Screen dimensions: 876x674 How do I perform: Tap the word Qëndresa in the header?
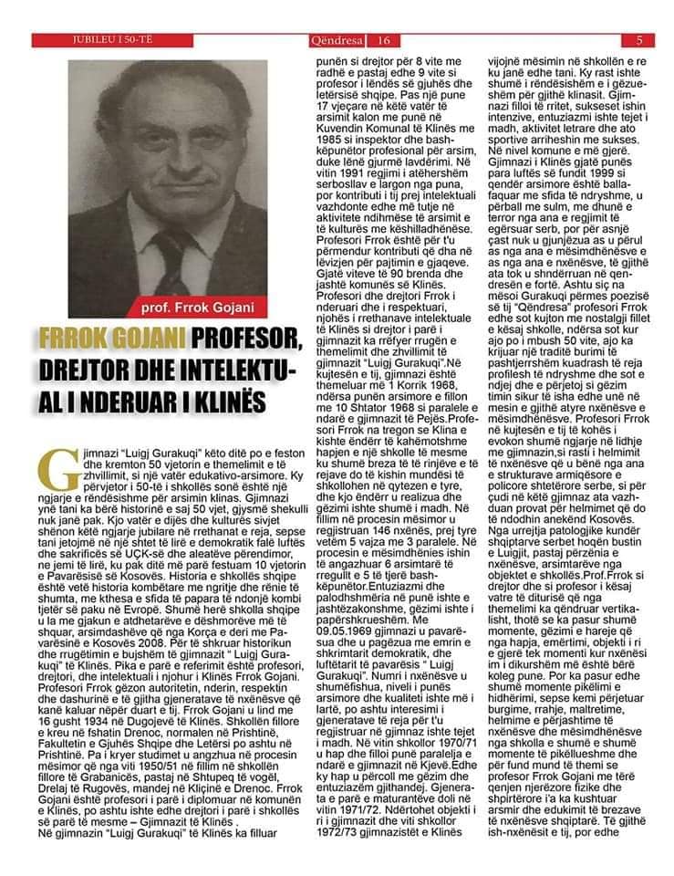(x=338, y=40)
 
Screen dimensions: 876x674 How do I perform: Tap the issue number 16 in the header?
(x=383, y=40)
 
